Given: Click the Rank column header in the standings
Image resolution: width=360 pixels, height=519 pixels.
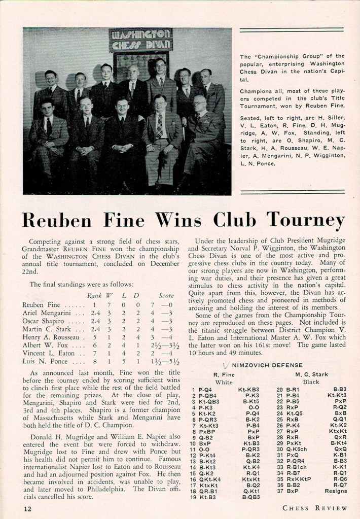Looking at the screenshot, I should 94,295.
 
